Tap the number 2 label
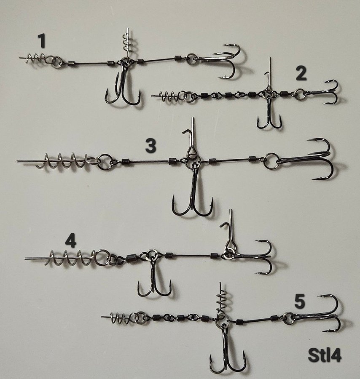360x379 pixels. [301, 73]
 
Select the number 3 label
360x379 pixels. [151, 146]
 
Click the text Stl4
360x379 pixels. [325, 355]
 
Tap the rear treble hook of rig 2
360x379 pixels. [324, 92]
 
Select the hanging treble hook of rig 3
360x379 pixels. [193, 191]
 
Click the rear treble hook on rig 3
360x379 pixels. [312, 160]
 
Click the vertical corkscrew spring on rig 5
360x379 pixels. [222, 302]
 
